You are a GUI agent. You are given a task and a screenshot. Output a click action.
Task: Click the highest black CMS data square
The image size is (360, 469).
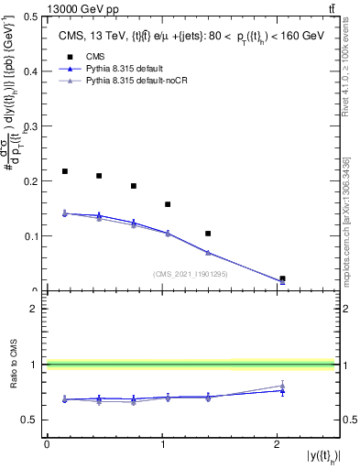click(x=65, y=171)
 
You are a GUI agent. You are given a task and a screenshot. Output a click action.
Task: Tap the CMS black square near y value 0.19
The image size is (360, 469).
click(x=134, y=186)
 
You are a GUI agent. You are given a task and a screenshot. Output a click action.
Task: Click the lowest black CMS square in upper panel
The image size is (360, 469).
click(x=282, y=278)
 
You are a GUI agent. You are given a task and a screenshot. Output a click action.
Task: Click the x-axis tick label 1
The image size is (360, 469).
click(x=162, y=443)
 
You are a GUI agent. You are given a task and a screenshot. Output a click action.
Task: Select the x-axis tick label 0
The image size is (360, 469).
click(x=47, y=443)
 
